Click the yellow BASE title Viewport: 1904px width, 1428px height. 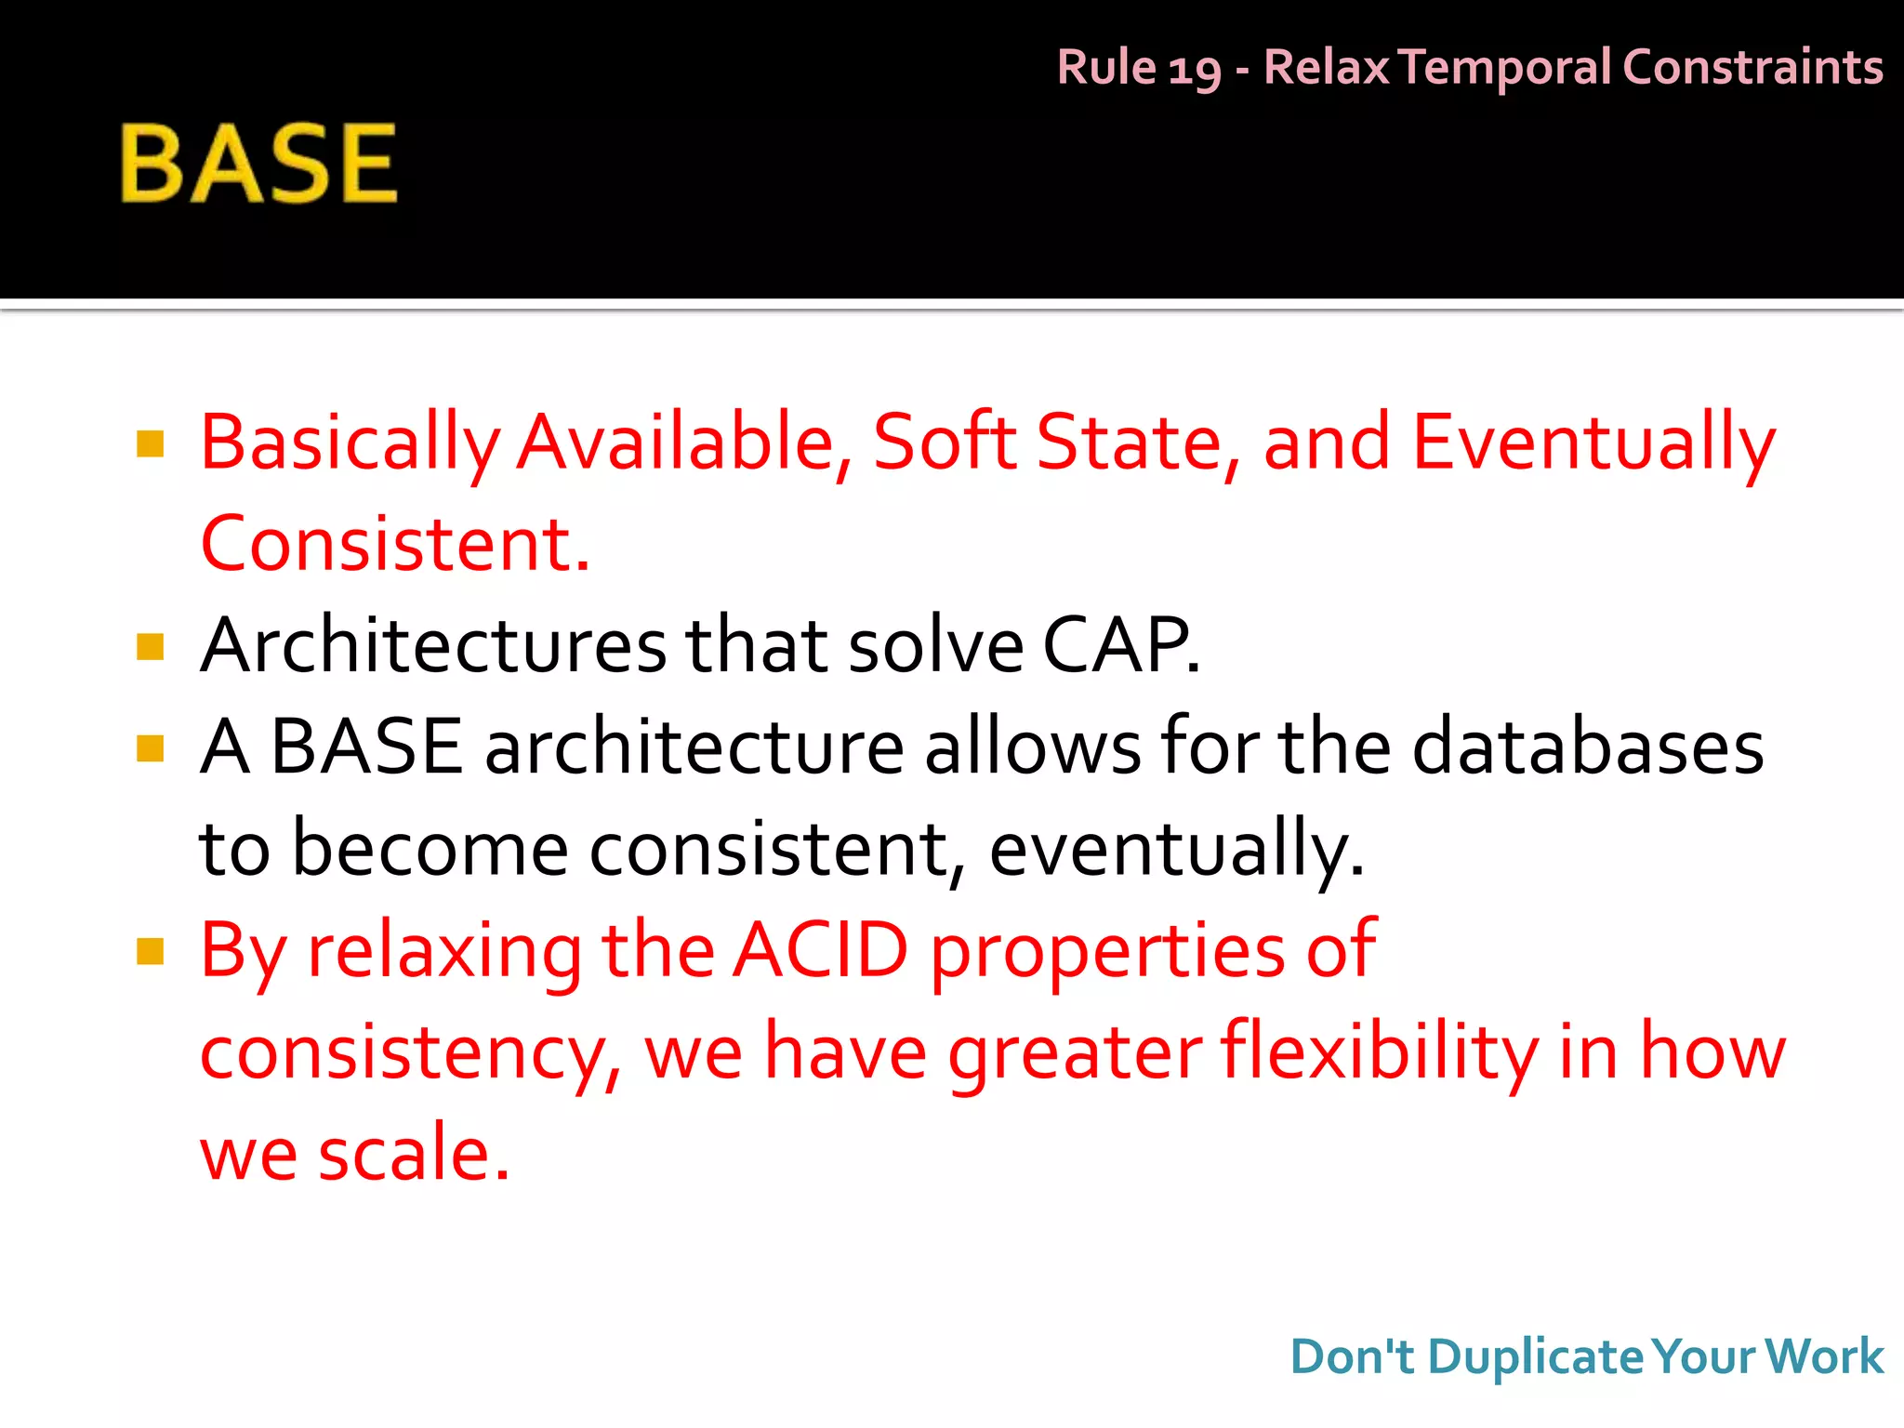pos(258,164)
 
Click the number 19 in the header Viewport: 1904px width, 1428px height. pos(1194,70)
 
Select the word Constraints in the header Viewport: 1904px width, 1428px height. pos(1752,67)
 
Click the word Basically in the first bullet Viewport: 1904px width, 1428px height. pos(350,444)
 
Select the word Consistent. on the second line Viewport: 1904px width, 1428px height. pos(395,545)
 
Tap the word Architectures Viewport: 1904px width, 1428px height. pos(433,646)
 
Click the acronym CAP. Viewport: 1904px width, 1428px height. pos(1120,646)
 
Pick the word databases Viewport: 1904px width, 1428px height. pos(1588,747)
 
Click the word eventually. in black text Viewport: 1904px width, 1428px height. pos(1176,850)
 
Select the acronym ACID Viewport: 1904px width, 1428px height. pos(820,950)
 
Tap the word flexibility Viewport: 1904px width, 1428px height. pos(1379,1052)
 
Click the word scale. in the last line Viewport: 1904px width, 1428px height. pos(414,1154)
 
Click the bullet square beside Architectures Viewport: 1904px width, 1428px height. pos(150,646)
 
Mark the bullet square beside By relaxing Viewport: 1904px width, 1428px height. pos(150,951)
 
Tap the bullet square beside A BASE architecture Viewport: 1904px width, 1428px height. pos(150,748)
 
